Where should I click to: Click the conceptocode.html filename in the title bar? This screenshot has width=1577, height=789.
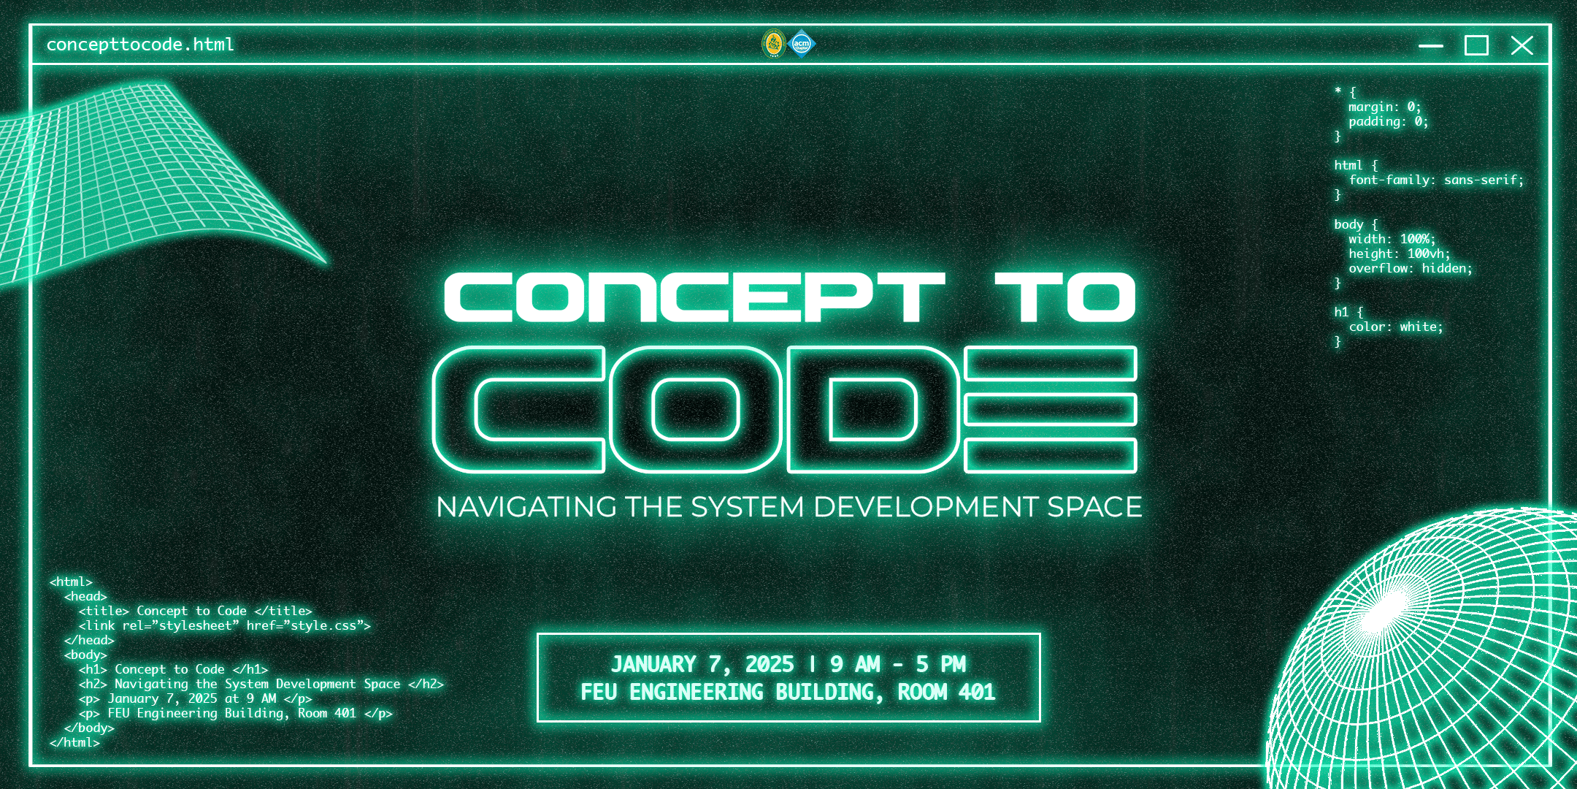140,45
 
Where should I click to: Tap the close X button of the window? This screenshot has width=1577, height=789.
1522,45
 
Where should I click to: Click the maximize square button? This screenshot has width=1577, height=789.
1476,45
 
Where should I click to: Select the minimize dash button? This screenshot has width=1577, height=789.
1431,46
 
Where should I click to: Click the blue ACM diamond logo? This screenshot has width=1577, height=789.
802,44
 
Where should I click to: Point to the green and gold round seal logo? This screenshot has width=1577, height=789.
774,44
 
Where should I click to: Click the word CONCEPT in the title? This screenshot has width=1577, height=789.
694,297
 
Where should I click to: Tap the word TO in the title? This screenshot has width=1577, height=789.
1065,297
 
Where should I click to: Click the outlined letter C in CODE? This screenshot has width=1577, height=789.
518,409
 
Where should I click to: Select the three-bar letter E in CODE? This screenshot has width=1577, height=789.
1050,409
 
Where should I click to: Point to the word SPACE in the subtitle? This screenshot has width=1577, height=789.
1094,507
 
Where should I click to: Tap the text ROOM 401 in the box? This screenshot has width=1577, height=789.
946,692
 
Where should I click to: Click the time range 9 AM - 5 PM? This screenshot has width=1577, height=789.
898,664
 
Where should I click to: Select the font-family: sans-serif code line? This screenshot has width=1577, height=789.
1437,180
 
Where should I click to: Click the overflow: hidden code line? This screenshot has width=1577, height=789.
1411,268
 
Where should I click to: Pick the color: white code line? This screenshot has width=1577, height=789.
1396,327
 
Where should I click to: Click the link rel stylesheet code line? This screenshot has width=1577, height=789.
225,626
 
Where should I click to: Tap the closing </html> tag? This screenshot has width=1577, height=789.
74,742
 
